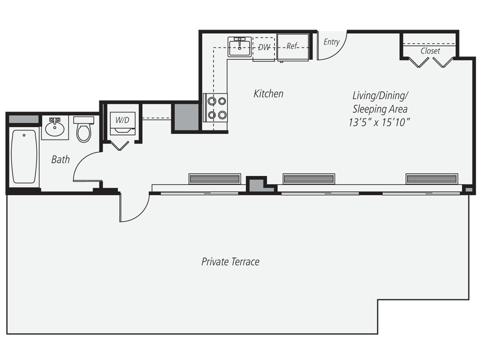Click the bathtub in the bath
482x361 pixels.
[x=24, y=157]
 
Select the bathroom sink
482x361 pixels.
[x=55, y=127]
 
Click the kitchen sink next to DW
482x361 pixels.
[x=240, y=47]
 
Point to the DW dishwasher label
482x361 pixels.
[x=264, y=47]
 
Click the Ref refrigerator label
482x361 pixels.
[x=292, y=46]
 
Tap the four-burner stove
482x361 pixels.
[x=216, y=107]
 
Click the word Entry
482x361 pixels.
[x=331, y=42]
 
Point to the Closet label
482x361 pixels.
[x=430, y=51]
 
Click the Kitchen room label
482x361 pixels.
[x=268, y=94]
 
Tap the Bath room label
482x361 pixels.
[x=60, y=159]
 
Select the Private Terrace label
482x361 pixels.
[x=230, y=261]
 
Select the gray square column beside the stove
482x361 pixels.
[x=186, y=117]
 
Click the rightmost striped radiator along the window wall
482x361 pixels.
[x=432, y=179]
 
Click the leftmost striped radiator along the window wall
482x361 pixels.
[x=215, y=179]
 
